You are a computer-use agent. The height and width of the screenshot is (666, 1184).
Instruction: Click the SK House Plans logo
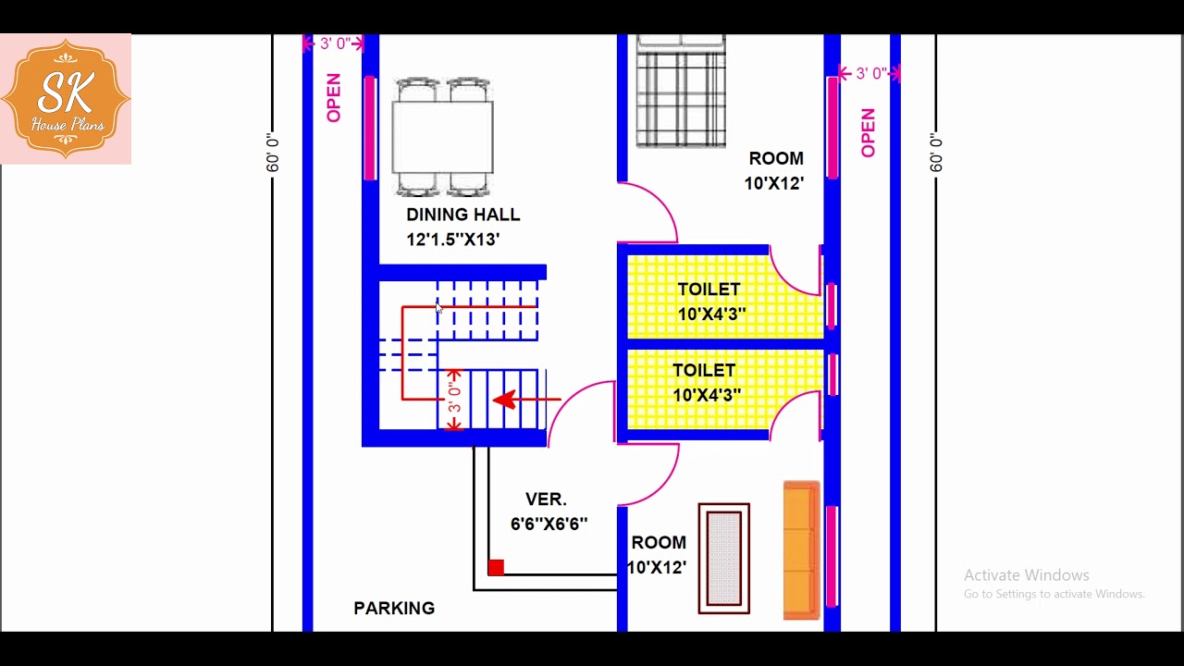(x=66, y=99)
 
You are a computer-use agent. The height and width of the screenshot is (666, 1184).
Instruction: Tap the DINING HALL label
(x=463, y=215)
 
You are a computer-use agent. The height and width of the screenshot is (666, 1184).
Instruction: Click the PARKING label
(x=394, y=609)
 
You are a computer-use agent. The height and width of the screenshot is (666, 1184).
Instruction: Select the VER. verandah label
(x=546, y=499)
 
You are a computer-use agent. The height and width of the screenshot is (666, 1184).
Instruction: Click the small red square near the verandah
(x=496, y=568)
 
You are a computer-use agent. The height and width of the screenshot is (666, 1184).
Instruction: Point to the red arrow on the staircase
(x=526, y=400)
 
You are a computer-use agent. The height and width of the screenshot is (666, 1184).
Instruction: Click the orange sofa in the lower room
(x=802, y=550)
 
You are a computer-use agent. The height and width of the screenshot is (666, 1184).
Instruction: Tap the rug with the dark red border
(x=724, y=559)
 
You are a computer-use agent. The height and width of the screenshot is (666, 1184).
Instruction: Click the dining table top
(x=443, y=138)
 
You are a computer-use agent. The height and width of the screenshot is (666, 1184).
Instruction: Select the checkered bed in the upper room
(x=681, y=91)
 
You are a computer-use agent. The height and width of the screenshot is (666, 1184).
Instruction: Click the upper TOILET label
(x=709, y=290)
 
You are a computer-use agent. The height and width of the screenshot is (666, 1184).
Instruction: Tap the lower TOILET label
(x=704, y=371)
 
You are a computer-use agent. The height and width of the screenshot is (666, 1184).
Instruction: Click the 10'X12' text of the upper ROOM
(x=774, y=184)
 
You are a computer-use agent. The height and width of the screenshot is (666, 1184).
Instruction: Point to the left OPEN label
(x=334, y=98)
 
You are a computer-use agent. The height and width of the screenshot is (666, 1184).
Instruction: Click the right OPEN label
(x=869, y=133)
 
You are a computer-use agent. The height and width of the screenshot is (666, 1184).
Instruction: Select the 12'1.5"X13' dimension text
(x=453, y=240)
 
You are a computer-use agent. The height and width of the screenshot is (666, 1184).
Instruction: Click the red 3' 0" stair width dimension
(x=454, y=400)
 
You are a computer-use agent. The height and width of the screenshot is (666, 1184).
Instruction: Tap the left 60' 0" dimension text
(x=272, y=153)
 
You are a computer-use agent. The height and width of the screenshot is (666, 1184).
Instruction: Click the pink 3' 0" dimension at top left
(x=335, y=43)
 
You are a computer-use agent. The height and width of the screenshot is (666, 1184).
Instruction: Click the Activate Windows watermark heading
(x=1027, y=575)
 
